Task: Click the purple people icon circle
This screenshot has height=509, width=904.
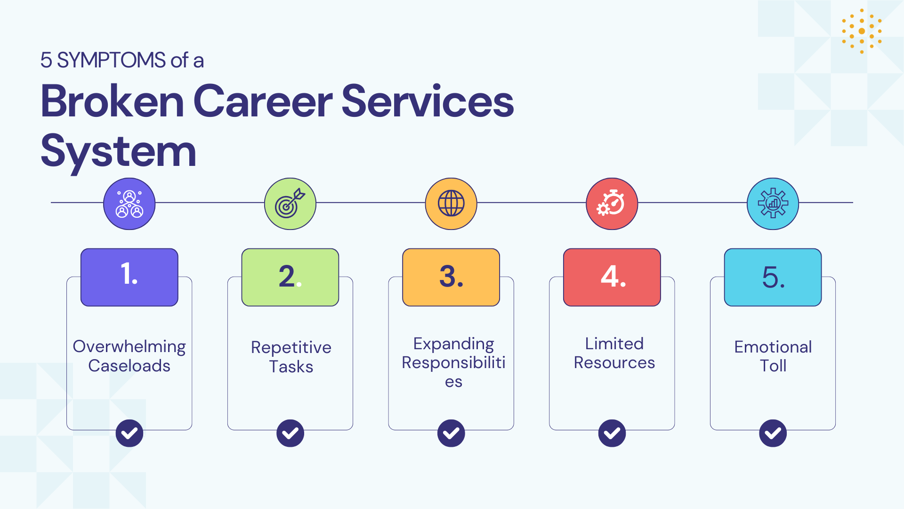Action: [129, 204]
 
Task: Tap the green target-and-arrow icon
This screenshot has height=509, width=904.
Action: [290, 204]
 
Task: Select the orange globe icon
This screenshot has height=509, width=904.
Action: [451, 204]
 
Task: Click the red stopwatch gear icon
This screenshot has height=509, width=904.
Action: [612, 204]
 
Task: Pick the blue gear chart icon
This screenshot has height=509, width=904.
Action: [773, 204]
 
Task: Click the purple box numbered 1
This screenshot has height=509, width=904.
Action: [129, 277]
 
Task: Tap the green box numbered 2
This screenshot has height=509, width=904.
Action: [290, 277]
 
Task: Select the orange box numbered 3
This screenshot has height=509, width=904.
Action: [451, 277]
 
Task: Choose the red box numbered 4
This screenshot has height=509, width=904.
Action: [612, 277]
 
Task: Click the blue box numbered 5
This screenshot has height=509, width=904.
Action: [773, 277]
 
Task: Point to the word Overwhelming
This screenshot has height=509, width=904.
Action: [129, 347]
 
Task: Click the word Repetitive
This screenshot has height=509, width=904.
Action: [291, 348]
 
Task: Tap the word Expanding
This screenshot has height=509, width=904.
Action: [454, 344]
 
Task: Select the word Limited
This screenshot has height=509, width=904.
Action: [614, 344]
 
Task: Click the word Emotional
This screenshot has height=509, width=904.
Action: [773, 347]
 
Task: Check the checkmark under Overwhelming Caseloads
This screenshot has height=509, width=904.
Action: [129, 433]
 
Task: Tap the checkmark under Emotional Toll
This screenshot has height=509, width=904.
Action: [773, 433]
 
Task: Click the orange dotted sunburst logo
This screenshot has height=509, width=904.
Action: [862, 31]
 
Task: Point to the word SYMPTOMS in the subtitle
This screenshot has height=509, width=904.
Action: [111, 60]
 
